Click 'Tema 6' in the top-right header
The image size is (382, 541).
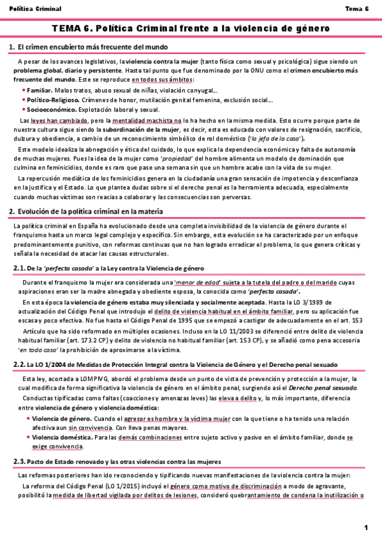click(357, 9)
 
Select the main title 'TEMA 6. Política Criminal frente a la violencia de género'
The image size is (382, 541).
click(191, 29)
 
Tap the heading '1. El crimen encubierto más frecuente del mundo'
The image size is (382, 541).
click(89, 48)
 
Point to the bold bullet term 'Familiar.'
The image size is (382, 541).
click(40, 91)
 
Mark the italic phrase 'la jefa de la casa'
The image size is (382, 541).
click(275, 138)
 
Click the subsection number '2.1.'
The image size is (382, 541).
click(19, 268)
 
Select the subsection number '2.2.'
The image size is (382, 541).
click(19, 364)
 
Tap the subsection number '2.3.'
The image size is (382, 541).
click(19, 461)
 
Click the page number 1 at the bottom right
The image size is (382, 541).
click(367, 527)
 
